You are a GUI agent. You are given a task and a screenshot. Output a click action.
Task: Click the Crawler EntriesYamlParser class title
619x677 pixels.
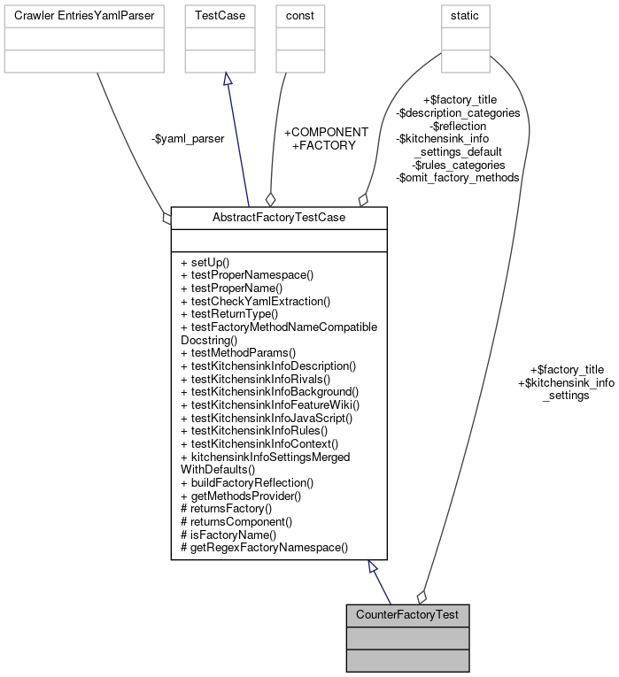tap(84, 15)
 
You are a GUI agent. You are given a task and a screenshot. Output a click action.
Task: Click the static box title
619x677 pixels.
tap(465, 15)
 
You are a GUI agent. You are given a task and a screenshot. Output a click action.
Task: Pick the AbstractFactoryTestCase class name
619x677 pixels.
tap(279, 217)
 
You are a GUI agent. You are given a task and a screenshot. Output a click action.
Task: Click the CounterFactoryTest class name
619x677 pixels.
tap(407, 614)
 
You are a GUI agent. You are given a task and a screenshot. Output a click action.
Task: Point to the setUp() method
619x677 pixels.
tap(205, 263)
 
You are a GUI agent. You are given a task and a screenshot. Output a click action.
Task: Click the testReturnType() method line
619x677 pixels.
tap(229, 313)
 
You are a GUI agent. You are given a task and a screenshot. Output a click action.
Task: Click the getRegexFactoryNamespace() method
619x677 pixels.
tap(264, 547)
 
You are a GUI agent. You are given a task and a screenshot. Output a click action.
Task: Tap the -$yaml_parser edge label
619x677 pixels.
tap(187, 138)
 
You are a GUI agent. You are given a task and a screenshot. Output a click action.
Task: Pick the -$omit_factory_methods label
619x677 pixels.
tap(457, 177)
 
